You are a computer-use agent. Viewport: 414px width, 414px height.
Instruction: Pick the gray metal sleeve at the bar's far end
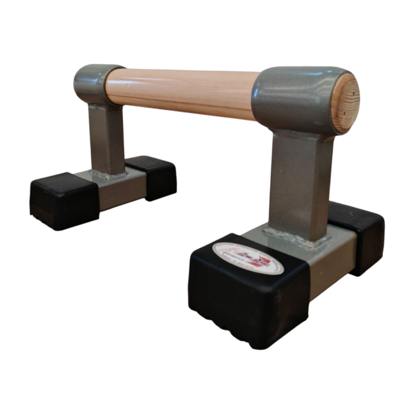[x=92, y=84]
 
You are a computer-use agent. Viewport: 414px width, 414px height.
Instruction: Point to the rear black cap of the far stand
[x=152, y=175]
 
